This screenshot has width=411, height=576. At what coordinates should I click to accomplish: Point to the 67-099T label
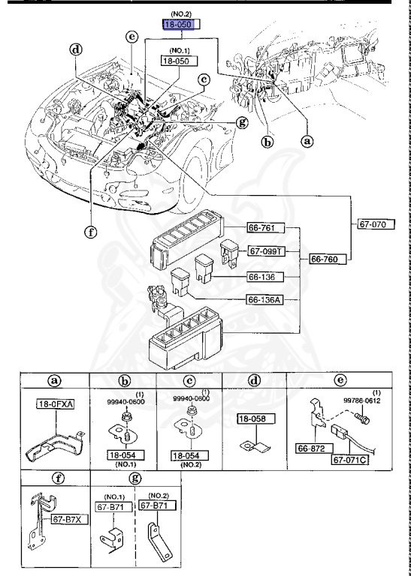point(266,252)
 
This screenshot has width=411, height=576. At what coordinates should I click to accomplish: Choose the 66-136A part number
point(266,300)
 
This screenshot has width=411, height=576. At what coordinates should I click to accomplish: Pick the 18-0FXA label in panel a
point(55,404)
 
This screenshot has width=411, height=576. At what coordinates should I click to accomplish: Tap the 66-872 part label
point(314,448)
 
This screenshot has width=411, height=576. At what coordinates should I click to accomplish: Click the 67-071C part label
point(350,460)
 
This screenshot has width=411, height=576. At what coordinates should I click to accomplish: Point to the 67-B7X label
point(69,520)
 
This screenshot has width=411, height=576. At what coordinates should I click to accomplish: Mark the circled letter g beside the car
point(242,122)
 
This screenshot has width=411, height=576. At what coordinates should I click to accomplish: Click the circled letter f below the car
point(90,232)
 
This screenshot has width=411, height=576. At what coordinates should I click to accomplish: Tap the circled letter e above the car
point(131,37)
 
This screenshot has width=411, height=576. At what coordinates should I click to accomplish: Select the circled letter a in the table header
point(55,381)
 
